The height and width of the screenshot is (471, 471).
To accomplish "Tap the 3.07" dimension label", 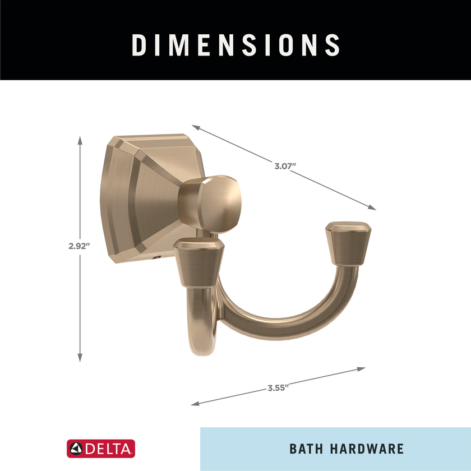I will (285, 166).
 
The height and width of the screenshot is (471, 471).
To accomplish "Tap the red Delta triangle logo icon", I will (76, 449).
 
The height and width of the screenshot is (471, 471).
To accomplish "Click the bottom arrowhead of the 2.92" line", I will (81, 358).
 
